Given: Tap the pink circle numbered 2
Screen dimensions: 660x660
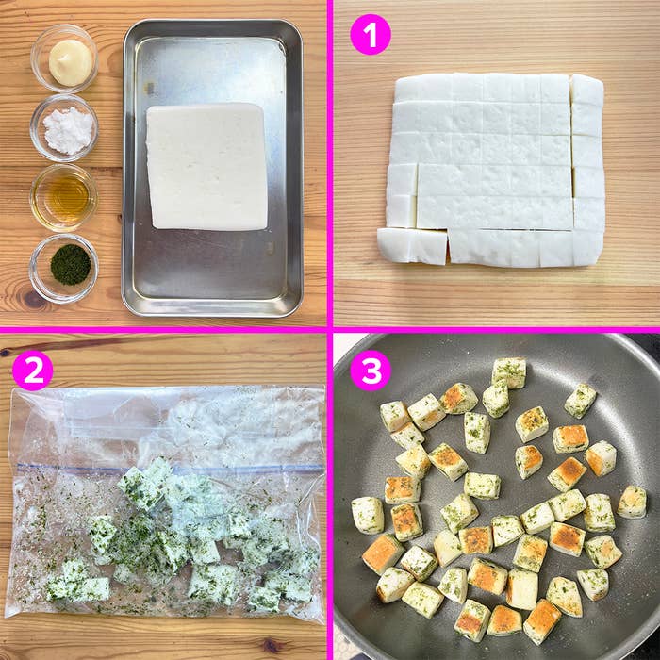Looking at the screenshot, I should (x=32, y=371).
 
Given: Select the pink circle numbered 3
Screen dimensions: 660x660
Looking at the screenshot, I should (x=370, y=371).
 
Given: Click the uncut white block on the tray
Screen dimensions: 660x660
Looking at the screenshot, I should (x=207, y=166).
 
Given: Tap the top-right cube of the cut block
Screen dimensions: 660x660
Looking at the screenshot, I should (x=586, y=90).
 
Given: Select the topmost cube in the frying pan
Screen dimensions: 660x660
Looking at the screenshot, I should (x=509, y=371).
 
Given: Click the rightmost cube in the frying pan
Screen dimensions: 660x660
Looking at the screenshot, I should (x=632, y=502).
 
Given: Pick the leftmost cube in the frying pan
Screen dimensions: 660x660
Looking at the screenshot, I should (x=368, y=515).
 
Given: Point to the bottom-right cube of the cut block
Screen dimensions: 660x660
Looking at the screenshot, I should (x=586, y=248).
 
